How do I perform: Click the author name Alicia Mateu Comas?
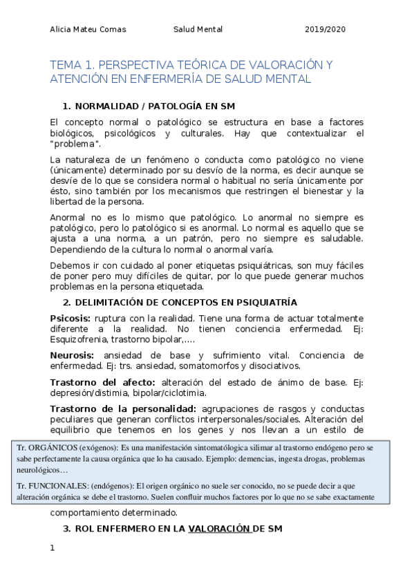tap(88, 30)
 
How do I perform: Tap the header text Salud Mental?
tap(198, 30)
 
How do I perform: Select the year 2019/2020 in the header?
tap(325, 30)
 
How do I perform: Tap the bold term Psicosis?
tap(70, 317)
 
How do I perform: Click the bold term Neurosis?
tap(71, 355)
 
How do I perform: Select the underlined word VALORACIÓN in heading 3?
tap(219, 529)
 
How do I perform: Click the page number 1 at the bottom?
tap(52, 549)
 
